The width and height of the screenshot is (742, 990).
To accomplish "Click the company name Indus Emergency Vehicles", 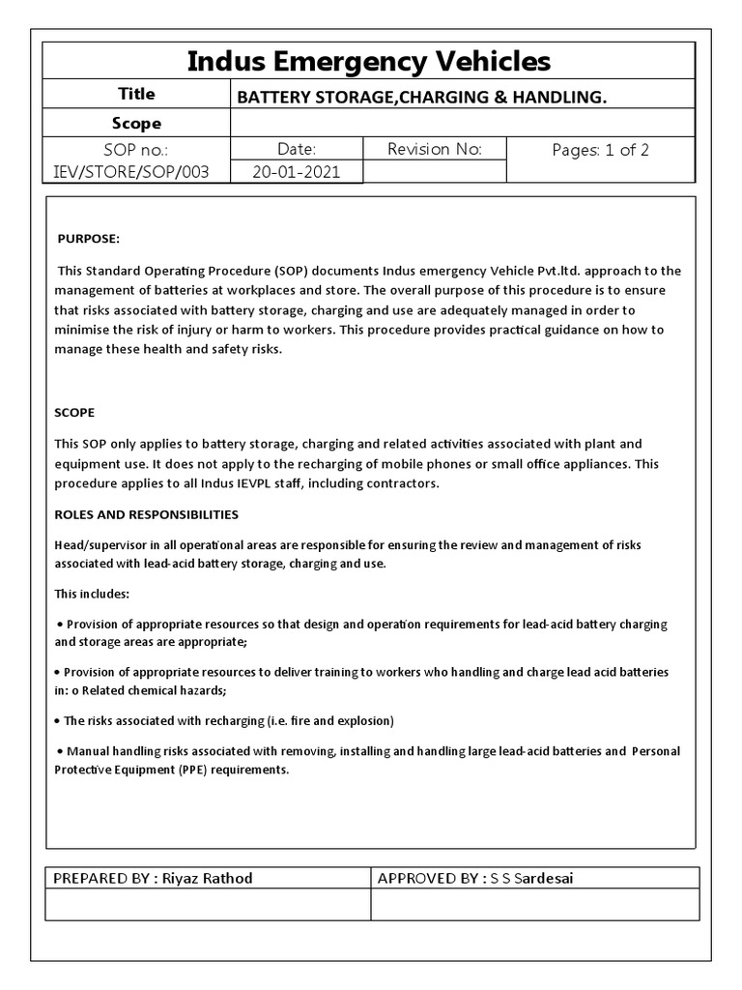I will (x=368, y=62).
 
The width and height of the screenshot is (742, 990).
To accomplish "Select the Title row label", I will (x=136, y=95).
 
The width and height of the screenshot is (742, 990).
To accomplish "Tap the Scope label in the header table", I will (x=136, y=124).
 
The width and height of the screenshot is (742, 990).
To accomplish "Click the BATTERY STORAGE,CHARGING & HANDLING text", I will (x=421, y=97).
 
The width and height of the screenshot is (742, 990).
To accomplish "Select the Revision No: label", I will (x=434, y=149).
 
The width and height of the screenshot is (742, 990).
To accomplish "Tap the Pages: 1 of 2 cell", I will (x=600, y=150).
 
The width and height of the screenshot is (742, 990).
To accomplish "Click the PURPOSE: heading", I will (x=89, y=239).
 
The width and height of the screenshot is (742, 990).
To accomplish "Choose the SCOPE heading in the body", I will (x=74, y=412).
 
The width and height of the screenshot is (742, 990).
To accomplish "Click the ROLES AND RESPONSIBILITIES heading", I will (x=147, y=514).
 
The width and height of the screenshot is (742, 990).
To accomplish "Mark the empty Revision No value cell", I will (x=434, y=172).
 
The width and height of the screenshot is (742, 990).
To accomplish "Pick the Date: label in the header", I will (x=296, y=149).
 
